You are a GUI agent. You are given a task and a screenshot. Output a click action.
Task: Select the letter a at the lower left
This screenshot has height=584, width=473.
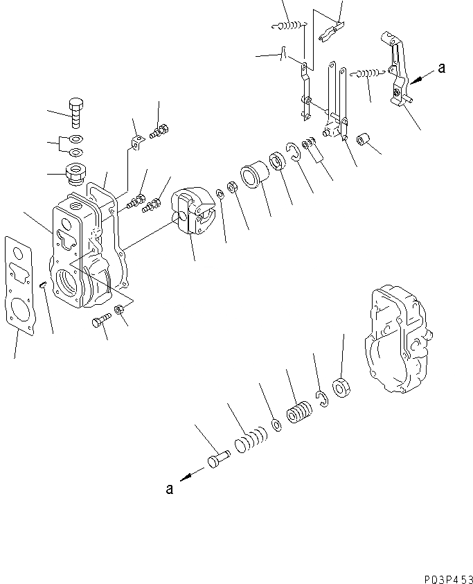pyautogui.click(x=170, y=488)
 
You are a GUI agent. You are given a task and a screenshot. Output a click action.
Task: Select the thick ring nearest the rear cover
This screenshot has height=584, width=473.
pyautogui.click(x=341, y=387)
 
